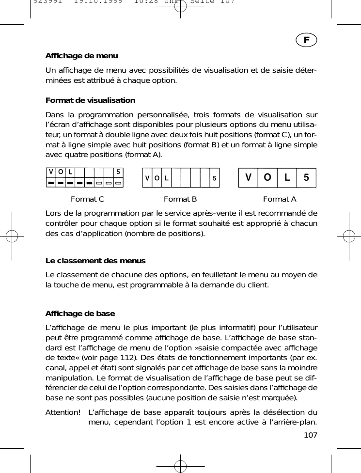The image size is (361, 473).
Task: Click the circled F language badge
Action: [307, 39]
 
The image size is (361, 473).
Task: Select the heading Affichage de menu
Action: [81, 56]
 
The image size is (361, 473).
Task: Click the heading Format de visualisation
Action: [90, 100]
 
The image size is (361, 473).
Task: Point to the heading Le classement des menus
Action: [95, 261]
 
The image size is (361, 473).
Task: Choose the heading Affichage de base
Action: [80, 314]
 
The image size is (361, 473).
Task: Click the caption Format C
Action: [87, 199]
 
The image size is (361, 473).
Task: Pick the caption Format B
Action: [180, 199]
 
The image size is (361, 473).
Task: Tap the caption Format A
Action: [280, 199]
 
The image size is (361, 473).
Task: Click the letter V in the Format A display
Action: [249, 177]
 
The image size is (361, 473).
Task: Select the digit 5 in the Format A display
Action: [306, 177]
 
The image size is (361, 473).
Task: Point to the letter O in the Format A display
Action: [267, 177]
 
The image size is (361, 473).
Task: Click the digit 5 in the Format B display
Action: [214, 178]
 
